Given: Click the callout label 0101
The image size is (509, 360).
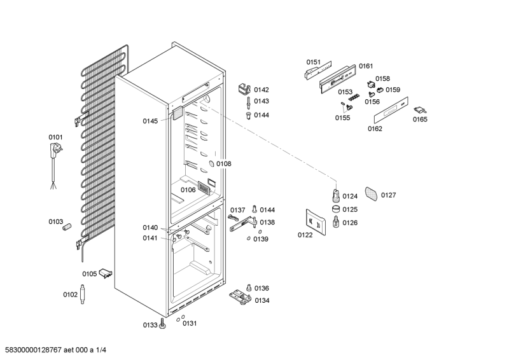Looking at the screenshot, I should [x=56, y=137].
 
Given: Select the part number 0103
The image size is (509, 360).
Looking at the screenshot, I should [x=56, y=221].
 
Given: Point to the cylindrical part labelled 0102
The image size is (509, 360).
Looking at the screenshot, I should [x=83, y=295].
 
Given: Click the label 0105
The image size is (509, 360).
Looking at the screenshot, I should [x=89, y=274].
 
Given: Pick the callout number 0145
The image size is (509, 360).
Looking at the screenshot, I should [x=150, y=121].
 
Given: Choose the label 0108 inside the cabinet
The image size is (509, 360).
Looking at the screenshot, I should [x=223, y=164].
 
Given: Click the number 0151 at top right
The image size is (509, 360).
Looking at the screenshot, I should [x=313, y=62].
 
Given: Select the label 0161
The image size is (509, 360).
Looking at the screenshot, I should [x=365, y=66].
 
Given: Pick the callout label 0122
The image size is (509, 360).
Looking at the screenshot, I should [x=305, y=235].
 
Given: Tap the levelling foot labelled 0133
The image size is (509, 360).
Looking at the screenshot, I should [x=163, y=325].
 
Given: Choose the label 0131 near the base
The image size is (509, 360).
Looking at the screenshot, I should [x=190, y=323].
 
